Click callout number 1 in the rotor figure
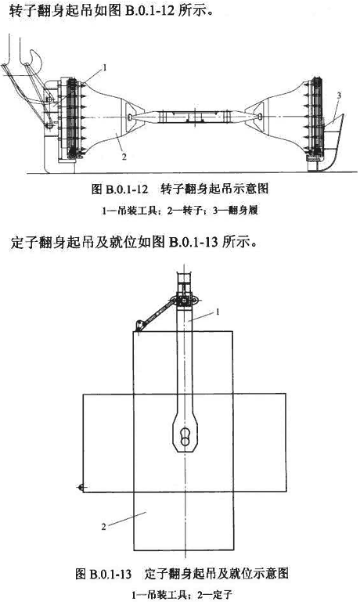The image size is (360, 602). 103,68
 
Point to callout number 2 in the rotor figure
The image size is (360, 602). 124,157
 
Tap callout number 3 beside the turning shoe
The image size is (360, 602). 339,96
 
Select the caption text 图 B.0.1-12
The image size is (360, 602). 120,189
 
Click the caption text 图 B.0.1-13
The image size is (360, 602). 103,575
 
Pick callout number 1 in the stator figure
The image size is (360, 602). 218,312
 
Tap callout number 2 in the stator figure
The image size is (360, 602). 103,527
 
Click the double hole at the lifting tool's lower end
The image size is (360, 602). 185,436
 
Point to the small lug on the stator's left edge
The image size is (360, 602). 80,488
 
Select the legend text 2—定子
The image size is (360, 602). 214,595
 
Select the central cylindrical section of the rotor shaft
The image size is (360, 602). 195,117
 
